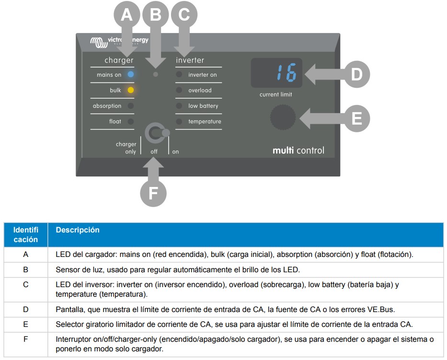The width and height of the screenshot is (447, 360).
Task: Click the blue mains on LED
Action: pyautogui.click(x=131, y=74)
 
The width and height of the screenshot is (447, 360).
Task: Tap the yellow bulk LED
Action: pyautogui.click(x=131, y=90)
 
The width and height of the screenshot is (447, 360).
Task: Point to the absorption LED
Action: pyautogui.click(x=131, y=106)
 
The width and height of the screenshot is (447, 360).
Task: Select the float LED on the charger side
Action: pyautogui.click(x=131, y=122)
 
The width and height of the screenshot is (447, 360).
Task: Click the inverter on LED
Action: pyautogui.click(x=179, y=74)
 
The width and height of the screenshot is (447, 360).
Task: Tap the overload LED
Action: pyautogui.click(x=179, y=90)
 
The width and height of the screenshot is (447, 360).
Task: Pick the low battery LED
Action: pyautogui.click(x=179, y=106)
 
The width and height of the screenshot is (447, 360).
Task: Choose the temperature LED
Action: pyautogui.click(x=179, y=122)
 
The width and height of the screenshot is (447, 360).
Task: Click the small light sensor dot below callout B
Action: pyautogui.click(x=155, y=74)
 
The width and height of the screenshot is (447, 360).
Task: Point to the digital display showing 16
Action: pyautogui.click(x=276, y=73)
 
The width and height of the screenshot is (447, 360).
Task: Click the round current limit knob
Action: pyautogui.click(x=283, y=117)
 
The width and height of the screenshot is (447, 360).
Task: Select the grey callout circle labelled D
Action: pyautogui.click(x=356, y=74)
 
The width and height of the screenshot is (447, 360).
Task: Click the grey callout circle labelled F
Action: pyautogui.click(x=153, y=193)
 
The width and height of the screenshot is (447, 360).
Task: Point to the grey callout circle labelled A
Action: pyautogui.click(x=126, y=15)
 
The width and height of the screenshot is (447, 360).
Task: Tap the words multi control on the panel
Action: pyautogui.click(x=298, y=151)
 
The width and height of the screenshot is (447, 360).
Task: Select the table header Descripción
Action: pyautogui.click(x=71, y=230)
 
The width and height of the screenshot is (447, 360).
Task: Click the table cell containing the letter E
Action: pyautogui.click(x=26, y=324)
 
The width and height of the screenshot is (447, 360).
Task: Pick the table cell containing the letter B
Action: pyautogui.click(x=26, y=269)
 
